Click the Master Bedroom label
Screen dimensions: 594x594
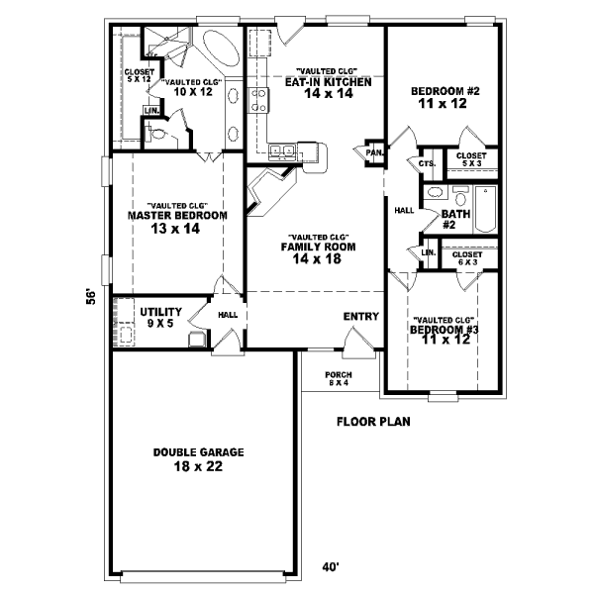coord(178,215)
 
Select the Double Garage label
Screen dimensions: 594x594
coord(199,452)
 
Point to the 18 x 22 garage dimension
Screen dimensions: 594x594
coord(199,466)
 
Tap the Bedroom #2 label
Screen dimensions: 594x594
coord(445,91)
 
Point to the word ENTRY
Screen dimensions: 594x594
coord(361,317)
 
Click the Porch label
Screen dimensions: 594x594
coord(339,375)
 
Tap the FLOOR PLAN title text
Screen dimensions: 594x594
coord(373,421)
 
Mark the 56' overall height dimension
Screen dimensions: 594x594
coord(90,296)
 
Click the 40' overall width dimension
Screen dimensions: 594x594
coord(331,567)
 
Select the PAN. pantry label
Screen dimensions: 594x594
coord(374,152)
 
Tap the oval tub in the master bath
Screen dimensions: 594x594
coord(217,47)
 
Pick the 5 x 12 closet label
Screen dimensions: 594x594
coord(138,75)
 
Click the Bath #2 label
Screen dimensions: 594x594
coord(455,219)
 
